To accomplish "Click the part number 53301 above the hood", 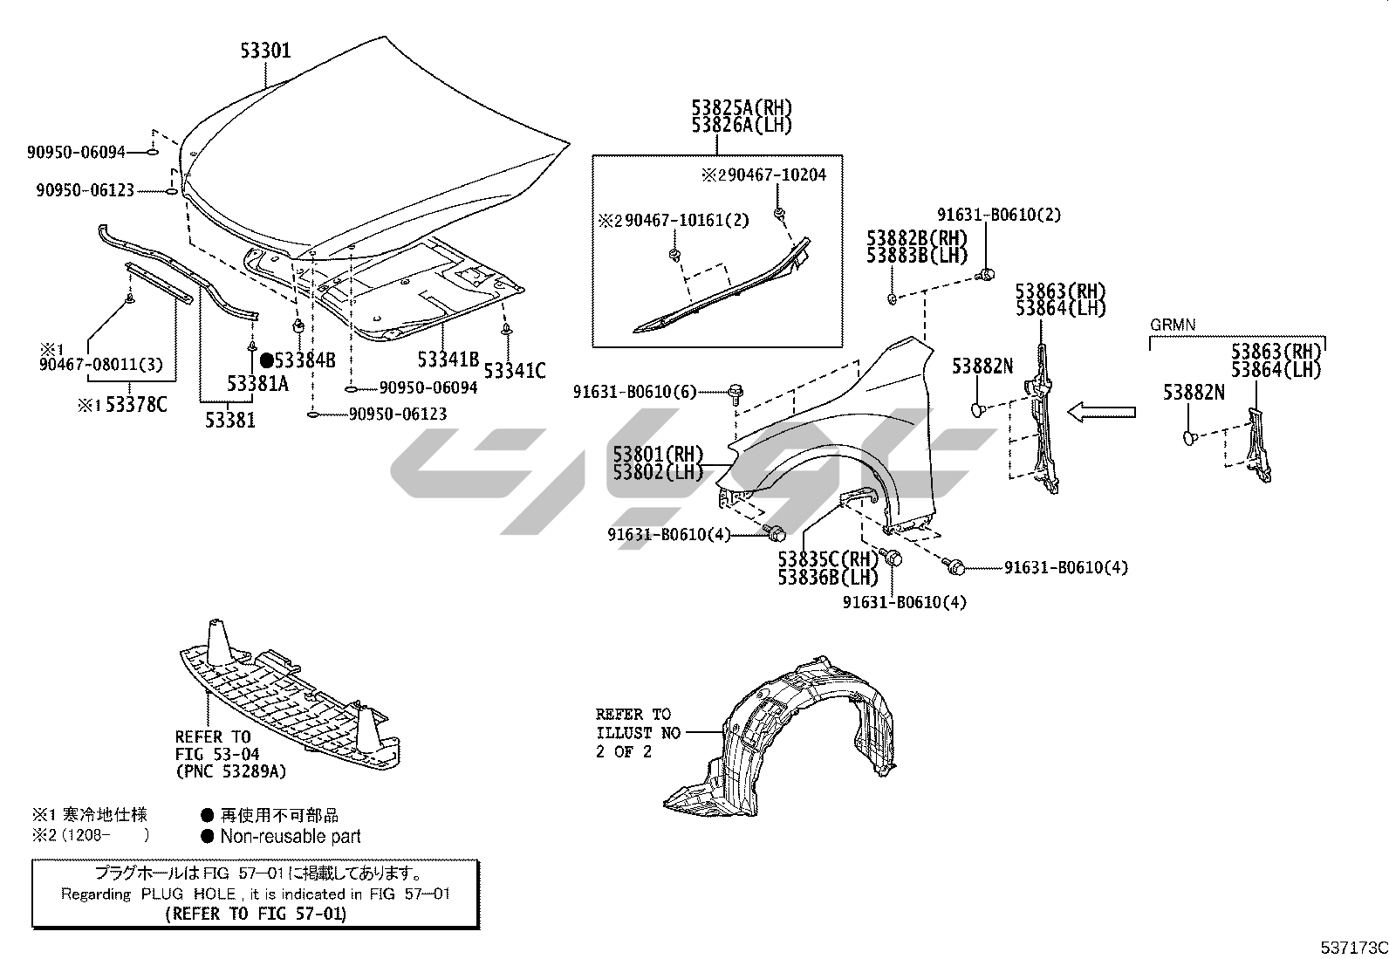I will [x=266, y=51].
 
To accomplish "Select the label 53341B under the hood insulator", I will [x=448, y=359].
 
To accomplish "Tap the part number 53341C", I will [x=514, y=371].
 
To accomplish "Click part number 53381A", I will [x=257, y=383].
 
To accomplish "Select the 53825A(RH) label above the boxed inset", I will [x=742, y=108].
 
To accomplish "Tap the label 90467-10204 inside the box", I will [x=771, y=175].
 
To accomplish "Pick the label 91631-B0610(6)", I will [x=635, y=392].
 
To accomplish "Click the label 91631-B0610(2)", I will [x=999, y=215].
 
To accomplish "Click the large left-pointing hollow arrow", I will [x=1102, y=411].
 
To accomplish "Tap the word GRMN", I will [x=1172, y=325].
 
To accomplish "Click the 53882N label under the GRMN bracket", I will [x=1193, y=394].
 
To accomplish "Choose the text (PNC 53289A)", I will [x=230, y=771].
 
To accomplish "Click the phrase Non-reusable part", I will [x=290, y=836].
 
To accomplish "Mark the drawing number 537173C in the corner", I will [x=1353, y=948].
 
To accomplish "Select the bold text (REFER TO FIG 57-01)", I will [x=255, y=914].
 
